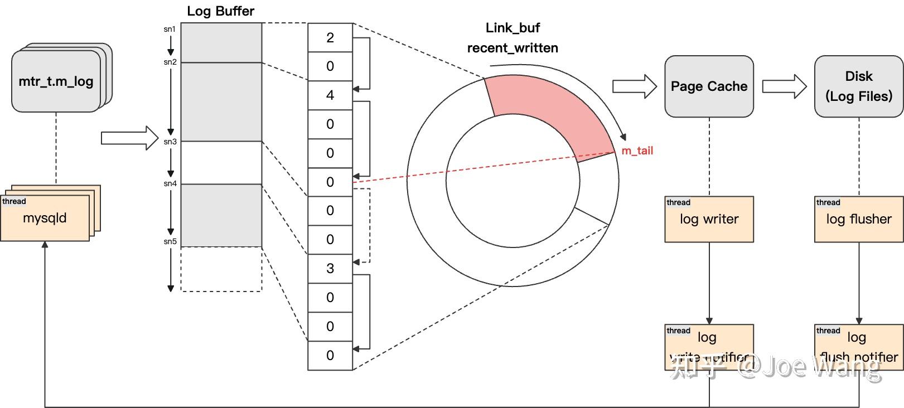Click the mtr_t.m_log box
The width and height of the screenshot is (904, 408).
click(56, 81)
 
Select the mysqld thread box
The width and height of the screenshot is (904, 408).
click(45, 218)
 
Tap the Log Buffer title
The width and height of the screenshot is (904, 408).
click(220, 11)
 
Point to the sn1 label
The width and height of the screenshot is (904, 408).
click(170, 29)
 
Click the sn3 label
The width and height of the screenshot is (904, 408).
click(170, 142)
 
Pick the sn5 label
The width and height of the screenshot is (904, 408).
click(170, 241)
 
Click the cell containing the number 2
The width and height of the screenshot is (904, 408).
click(330, 37)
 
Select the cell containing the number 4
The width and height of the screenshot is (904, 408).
click(330, 95)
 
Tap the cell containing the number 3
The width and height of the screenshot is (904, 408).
click(330, 269)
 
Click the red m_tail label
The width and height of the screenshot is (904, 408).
click(637, 150)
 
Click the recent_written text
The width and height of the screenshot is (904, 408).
click(513, 48)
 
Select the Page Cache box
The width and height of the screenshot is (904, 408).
click(709, 86)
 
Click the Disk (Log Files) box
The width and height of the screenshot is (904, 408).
click(858, 86)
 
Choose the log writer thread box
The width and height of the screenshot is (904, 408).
click(709, 219)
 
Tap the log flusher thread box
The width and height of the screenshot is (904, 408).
click(858, 219)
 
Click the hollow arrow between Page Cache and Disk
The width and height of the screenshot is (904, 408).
click(784, 86)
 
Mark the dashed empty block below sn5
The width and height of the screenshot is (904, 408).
click(221, 269)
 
